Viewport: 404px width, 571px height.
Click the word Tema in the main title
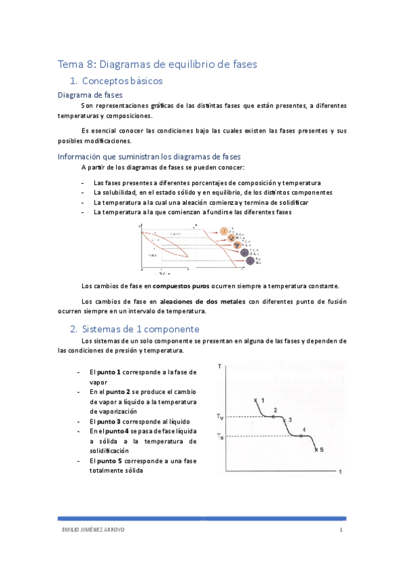click(x=69, y=65)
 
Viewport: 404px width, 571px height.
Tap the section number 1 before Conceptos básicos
click(x=73, y=81)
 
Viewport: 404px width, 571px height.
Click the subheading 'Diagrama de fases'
click(x=90, y=96)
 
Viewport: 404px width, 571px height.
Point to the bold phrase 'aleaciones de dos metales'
click(x=202, y=301)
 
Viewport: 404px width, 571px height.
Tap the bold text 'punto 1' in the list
click(x=109, y=372)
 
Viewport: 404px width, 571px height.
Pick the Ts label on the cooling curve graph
click(x=221, y=436)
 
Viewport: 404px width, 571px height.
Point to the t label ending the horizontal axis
click(x=341, y=471)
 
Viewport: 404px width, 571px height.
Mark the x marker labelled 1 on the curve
click(x=256, y=401)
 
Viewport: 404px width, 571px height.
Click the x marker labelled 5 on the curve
click(x=316, y=450)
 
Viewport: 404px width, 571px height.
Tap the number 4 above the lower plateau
click(x=304, y=429)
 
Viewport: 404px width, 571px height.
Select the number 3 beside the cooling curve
click(x=290, y=420)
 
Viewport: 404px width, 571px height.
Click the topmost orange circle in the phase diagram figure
click(x=223, y=231)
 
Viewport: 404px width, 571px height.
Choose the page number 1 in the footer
click(x=342, y=530)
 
